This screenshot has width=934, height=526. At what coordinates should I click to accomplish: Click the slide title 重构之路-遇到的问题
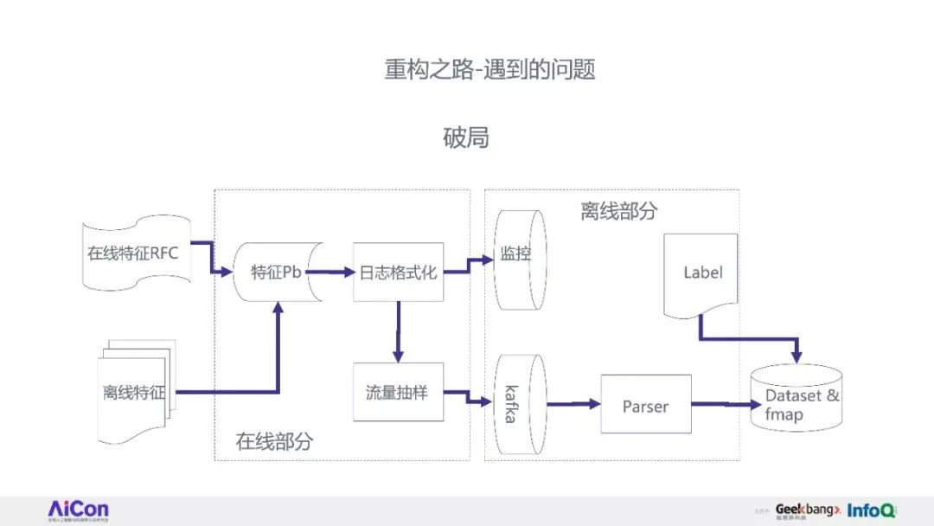[x=490, y=69]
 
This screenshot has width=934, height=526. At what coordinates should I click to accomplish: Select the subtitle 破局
[x=466, y=137]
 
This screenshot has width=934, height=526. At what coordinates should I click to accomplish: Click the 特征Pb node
[x=277, y=273]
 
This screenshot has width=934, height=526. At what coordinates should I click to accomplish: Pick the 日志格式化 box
[x=398, y=273]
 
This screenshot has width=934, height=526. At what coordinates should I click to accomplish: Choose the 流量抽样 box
[x=398, y=392]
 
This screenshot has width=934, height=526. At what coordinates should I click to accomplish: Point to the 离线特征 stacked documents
[x=134, y=392]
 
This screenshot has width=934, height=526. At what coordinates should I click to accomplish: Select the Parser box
[x=645, y=404]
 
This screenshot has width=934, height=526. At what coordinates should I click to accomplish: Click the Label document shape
[x=701, y=273]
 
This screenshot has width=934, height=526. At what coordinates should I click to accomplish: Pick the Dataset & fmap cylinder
[x=796, y=398]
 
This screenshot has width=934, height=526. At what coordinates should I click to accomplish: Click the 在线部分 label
[x=274, y=442]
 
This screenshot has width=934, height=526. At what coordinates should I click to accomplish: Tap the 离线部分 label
[x=618, y=212]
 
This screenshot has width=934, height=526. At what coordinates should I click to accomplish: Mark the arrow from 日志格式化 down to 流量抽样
[x=398, y=332]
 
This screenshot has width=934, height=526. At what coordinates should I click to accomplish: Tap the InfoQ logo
[x=872, y=510]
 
